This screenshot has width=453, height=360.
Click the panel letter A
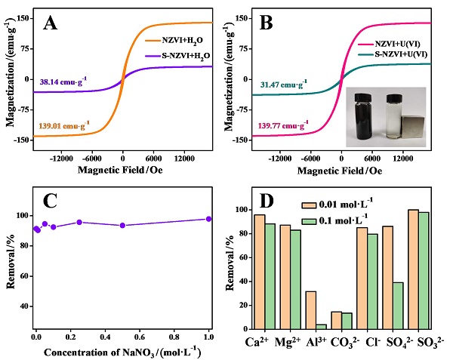point(51,23)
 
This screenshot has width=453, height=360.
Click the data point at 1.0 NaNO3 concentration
point(209,219)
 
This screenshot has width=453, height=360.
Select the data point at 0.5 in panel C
point(122,225)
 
